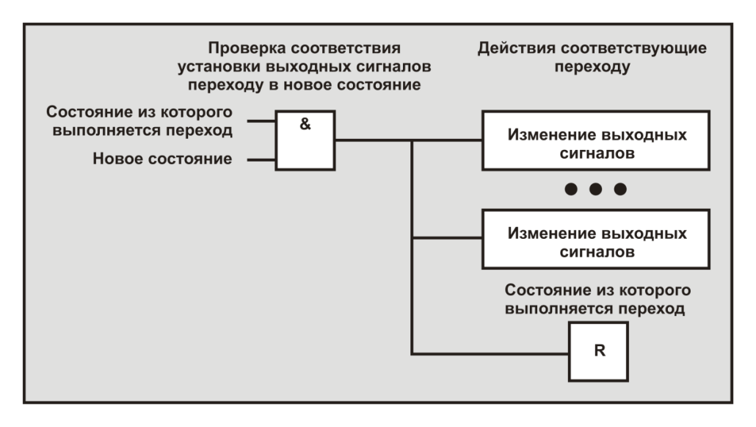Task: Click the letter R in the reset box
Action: click(599, 350)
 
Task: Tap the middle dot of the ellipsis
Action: click(595, 190)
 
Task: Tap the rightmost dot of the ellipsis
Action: click(620, 190)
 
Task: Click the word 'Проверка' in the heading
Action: click(246, 50)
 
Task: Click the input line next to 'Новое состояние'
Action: click(261, 159)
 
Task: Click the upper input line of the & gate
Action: click(261, 121)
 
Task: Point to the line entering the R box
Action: click(492, 354)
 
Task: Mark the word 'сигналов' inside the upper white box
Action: click(595, 154)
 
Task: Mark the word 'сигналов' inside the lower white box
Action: click(595, 253)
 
